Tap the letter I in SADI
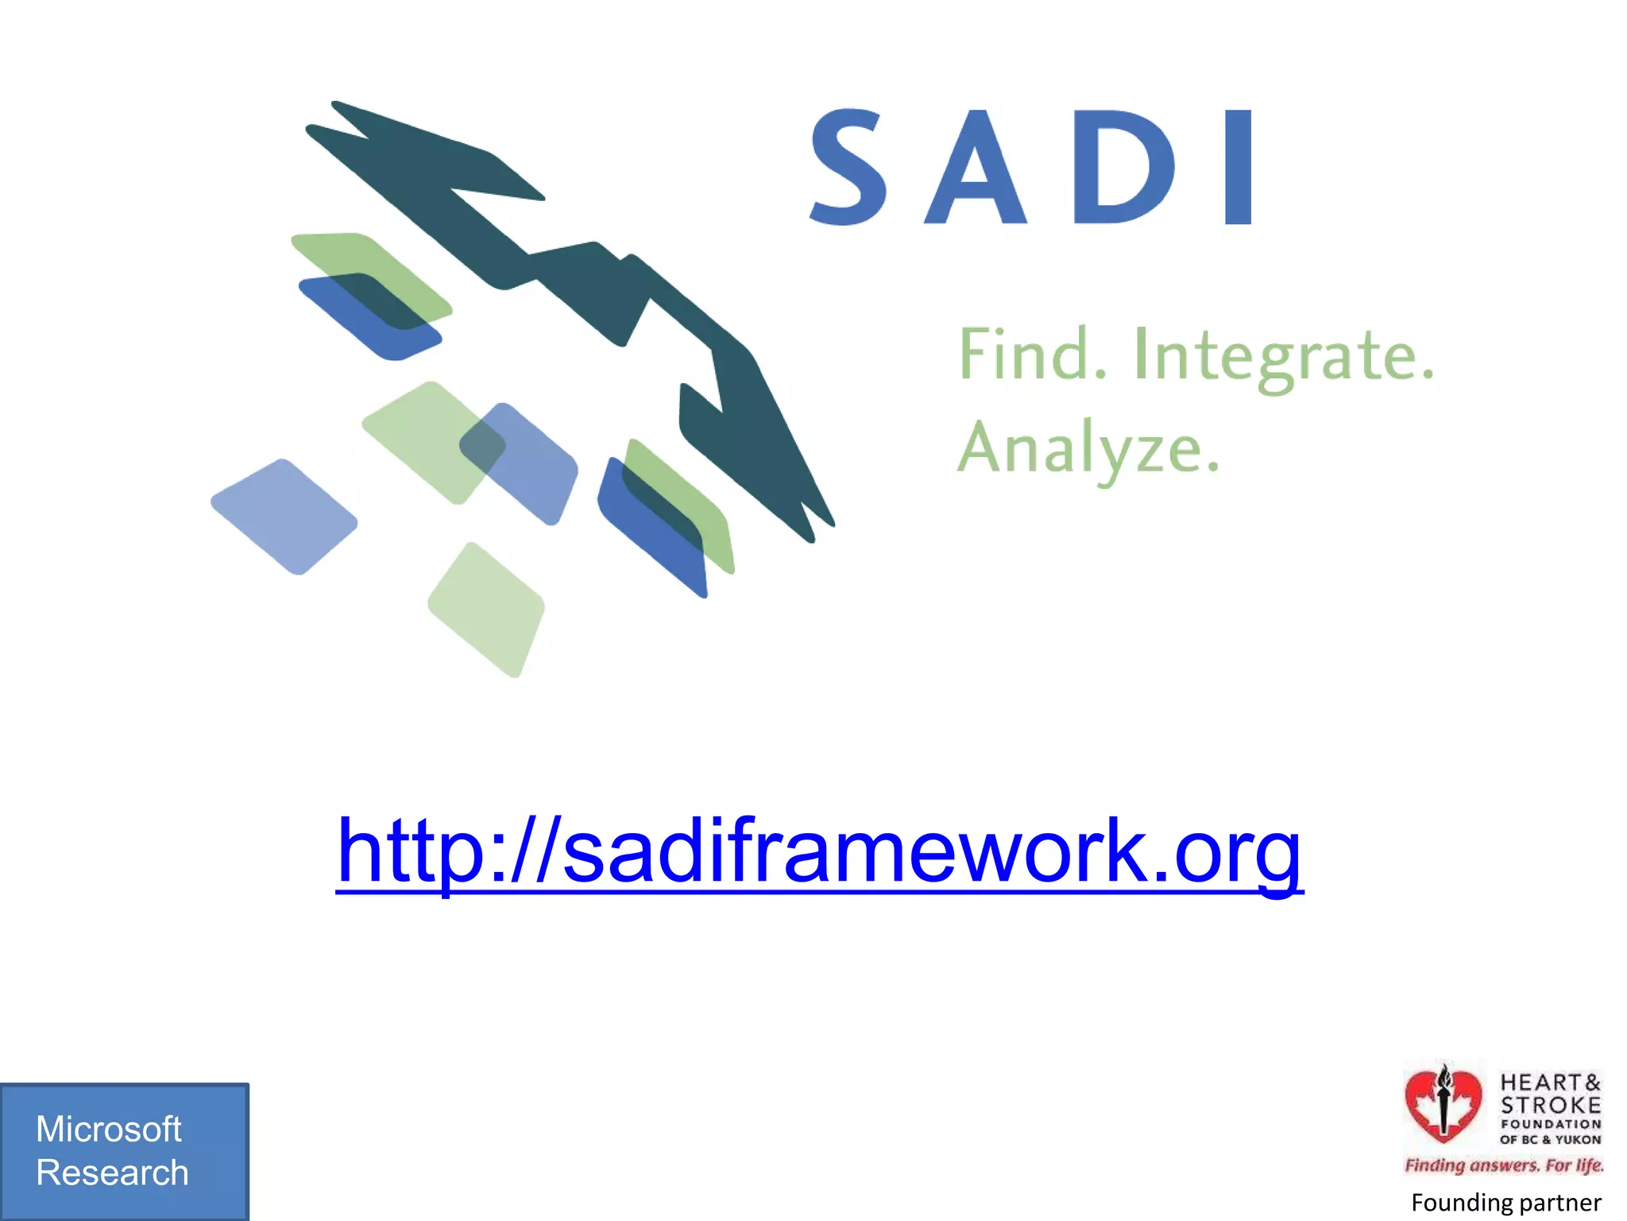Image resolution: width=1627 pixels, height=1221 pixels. click(1239, 167)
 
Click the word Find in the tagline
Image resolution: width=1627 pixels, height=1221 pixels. click(1031, 355)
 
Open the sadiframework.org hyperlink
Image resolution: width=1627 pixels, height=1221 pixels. click(819, 852)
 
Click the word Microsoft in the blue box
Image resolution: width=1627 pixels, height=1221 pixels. click(109, 1129)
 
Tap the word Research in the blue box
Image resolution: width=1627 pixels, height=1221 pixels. click(112, 1173)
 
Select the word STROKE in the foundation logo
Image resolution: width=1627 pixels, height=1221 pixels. click(1550, 1105)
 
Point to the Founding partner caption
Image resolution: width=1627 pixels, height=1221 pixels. click(1505, 1203)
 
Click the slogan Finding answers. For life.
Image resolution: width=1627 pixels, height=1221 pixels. click(1504, 1165)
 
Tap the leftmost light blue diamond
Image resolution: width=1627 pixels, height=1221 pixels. click(284, 517)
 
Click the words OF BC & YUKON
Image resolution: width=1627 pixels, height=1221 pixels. click(1550, 1139)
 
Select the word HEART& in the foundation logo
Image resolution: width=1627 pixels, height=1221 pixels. click(1550, 1083)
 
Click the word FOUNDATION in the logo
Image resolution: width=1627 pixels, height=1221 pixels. click(1550, 1124)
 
